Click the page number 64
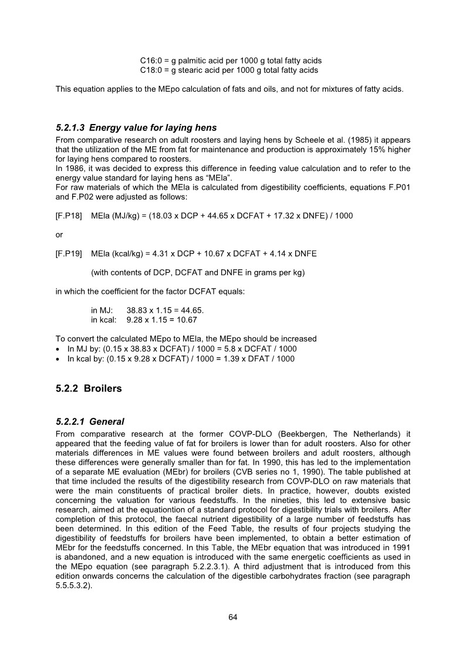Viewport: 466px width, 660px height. [232, 617]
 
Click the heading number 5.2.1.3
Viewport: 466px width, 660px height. [70, 128]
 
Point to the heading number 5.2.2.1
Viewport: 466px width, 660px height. [70, 421]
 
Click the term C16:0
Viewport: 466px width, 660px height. [150, 61]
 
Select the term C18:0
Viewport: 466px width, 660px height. [150, 70]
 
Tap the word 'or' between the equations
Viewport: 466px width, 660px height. [59, 234]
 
